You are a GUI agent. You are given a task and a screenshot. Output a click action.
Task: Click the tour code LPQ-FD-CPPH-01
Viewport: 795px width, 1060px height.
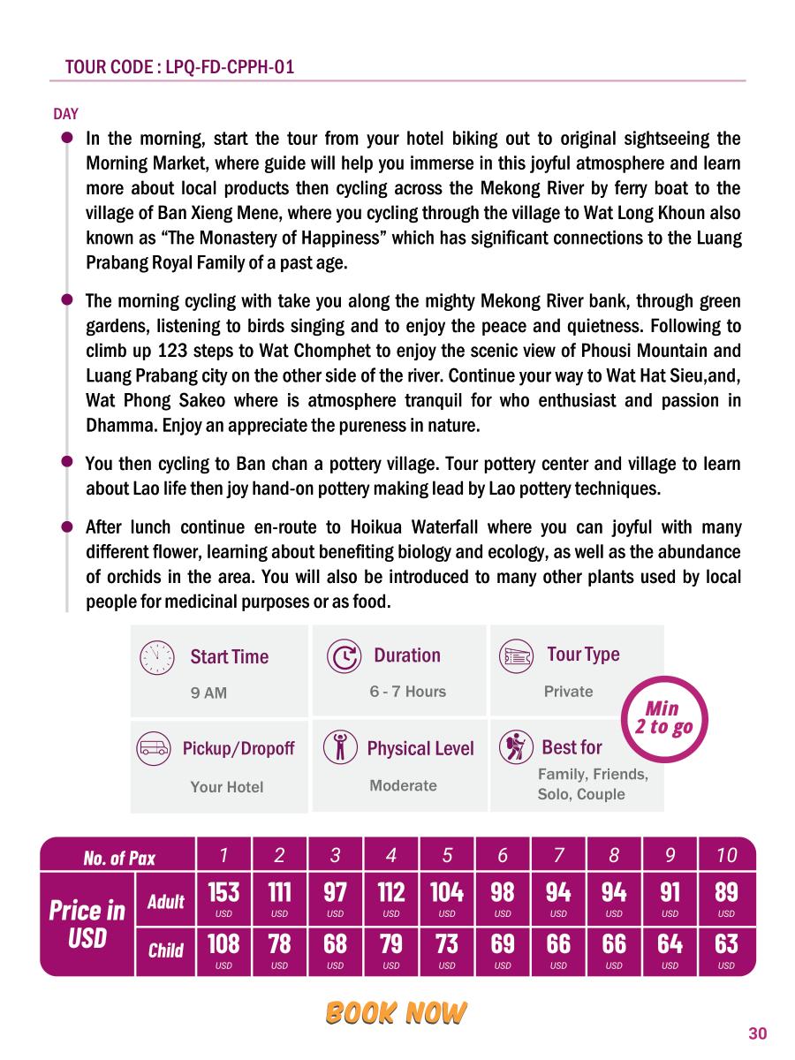(x=179, y=67)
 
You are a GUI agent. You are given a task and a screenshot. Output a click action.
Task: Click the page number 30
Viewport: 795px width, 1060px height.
(x=757, y=1033)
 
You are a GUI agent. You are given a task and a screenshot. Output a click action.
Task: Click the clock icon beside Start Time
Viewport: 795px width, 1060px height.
(x=156, y=656)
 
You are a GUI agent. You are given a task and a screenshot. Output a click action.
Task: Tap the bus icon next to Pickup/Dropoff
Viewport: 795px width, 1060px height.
(x=155, y=749)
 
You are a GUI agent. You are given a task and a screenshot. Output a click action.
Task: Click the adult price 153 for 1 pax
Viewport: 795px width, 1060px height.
(x=223, y=897)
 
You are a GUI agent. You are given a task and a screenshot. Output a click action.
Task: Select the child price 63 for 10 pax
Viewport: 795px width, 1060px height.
(x=726, y=950)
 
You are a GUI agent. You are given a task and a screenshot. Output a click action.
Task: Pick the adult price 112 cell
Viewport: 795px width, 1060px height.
(x=391, y=897)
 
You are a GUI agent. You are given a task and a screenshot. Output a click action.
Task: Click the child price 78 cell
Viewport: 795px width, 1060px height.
(x=279, y=950)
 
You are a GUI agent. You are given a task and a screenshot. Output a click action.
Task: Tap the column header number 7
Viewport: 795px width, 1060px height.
(x=558, y=855)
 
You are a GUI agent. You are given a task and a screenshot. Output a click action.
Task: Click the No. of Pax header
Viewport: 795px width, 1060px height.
(x=119, y=858)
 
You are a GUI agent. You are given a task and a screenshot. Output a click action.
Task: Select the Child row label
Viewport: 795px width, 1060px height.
(x=165, y=950)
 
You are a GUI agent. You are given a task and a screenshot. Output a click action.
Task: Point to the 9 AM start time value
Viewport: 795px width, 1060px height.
(x=208, y=693)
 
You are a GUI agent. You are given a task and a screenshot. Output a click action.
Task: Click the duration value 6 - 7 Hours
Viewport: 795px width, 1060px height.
(x=407, y=692)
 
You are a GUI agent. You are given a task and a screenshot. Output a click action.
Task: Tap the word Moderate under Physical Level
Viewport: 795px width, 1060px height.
(x=403, y=785)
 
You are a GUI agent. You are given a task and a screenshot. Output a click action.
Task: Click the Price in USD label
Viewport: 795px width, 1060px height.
(x=87, y=923)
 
